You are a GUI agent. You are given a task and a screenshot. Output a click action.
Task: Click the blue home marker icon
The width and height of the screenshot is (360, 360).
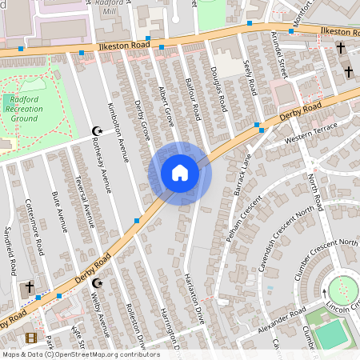pyautogui.click(x=180, y=173)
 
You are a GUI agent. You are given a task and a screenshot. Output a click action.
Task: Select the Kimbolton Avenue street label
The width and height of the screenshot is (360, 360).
pyautogui.click(x=118, y=132)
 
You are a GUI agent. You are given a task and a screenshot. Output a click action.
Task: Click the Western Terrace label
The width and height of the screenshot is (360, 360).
pyautogui.click(x=312, y=137)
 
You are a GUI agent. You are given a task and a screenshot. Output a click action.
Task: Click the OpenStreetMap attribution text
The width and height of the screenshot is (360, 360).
pyautogui.click(x=80, y=354)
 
